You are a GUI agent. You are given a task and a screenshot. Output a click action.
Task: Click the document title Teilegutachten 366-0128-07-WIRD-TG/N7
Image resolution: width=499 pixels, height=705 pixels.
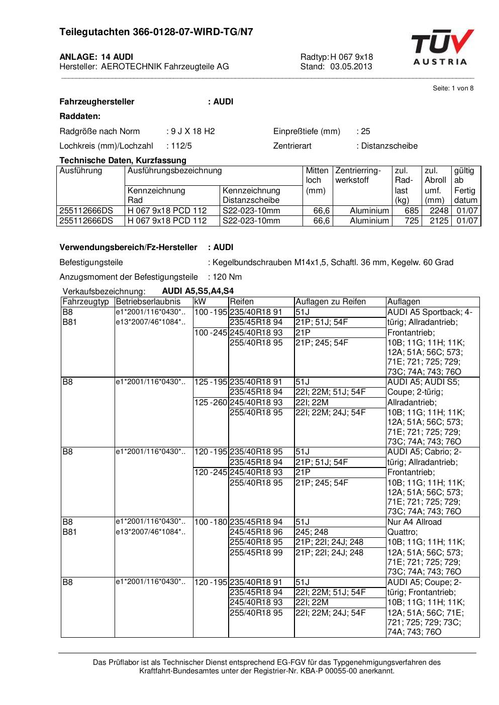[156, 32]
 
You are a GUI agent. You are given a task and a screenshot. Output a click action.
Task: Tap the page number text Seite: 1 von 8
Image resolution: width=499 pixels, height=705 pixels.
[453, 88]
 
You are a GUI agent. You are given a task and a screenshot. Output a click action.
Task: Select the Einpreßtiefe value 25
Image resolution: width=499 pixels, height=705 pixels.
[365, 132]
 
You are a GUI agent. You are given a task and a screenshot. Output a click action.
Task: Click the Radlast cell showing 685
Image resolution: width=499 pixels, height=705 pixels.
[412, 211]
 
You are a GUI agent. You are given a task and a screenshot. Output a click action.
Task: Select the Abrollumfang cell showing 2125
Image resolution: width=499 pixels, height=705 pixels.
[439, 221]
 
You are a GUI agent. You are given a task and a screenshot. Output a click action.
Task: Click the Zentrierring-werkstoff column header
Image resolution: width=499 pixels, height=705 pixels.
[358, 175]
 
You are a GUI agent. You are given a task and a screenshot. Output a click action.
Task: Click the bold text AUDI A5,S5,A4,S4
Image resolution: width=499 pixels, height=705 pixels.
[197, 291]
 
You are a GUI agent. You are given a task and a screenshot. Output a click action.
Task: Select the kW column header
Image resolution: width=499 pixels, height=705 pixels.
[199, 302]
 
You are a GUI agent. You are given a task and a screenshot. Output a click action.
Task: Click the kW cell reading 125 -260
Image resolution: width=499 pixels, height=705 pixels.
[211, 403]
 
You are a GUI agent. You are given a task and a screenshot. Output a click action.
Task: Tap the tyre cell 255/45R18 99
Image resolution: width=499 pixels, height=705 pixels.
[256, 553]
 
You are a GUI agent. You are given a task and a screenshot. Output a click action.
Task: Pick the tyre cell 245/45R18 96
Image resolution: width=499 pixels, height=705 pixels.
[256, 532]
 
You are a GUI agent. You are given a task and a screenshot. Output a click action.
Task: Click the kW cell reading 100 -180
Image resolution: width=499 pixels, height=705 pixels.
[211, 522]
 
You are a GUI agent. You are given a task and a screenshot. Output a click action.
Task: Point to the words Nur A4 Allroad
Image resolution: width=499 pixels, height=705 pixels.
[414, 522]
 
